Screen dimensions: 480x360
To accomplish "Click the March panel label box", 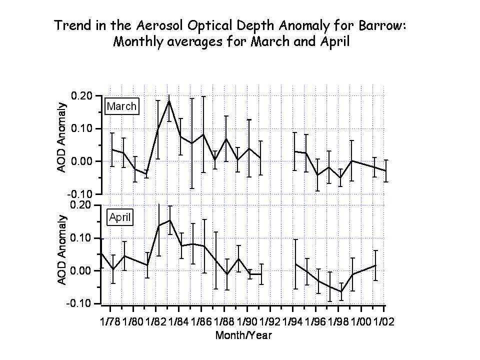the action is tap(122, 106).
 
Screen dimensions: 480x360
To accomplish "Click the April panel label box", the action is tap(120, 217).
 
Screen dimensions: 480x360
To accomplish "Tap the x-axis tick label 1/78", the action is tap(110, 321).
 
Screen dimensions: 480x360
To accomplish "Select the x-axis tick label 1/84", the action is tap(178, 321).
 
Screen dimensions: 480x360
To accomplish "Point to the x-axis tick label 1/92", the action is tap(269, 321).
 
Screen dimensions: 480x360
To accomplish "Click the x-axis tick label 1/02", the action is tap(384, 321).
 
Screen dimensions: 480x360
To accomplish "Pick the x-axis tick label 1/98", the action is tap(338, 321).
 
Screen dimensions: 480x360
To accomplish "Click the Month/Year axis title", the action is tap(243, 335).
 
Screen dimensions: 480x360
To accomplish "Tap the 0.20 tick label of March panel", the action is tap(81, 96).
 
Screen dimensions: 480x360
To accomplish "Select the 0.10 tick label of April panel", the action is tap(81, 238).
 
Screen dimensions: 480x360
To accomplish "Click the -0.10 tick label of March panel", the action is tap(80, 194).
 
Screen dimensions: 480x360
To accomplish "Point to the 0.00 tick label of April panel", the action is tap(81, 270).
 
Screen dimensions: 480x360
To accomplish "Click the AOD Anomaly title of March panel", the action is tap(61, 137).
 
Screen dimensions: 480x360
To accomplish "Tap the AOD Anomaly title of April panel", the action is tap(62, 250).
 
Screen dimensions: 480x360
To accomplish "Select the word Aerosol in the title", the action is tap(159, 25).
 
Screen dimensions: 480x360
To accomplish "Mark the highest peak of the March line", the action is tap(169, 100).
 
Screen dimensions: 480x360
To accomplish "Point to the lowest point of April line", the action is tap(341, 291).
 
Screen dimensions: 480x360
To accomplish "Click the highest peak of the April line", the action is tap(170, 220).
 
